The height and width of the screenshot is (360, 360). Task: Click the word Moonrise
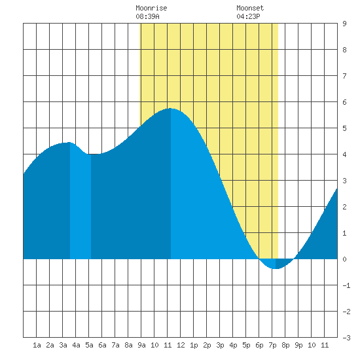[151, 8]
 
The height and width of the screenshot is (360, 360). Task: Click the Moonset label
[250, 8]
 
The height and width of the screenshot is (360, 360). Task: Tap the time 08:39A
[147, 16]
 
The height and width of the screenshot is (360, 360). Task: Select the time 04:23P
[248, 16]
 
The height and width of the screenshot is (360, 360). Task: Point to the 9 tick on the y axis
[344, 24]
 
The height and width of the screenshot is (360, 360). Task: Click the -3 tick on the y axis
[346, 338]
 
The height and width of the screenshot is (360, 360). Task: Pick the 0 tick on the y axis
[344, 259]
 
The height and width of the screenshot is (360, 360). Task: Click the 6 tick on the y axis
[344, 102]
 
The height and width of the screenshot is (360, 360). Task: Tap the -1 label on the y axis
[346, 285]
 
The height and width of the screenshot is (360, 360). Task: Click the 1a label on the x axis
[37, 345]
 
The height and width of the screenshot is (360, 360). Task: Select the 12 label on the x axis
[181, 345]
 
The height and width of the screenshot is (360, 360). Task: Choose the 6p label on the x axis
[259, 345]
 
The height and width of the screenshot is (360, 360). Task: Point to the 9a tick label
[141, 345]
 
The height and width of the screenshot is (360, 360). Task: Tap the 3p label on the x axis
[220, 345]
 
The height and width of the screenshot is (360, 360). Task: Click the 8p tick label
[285, 345]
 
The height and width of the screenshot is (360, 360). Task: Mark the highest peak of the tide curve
[170, 109]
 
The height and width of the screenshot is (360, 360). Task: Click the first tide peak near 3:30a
[69, 143]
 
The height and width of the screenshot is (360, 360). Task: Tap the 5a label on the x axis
[89, 345]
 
